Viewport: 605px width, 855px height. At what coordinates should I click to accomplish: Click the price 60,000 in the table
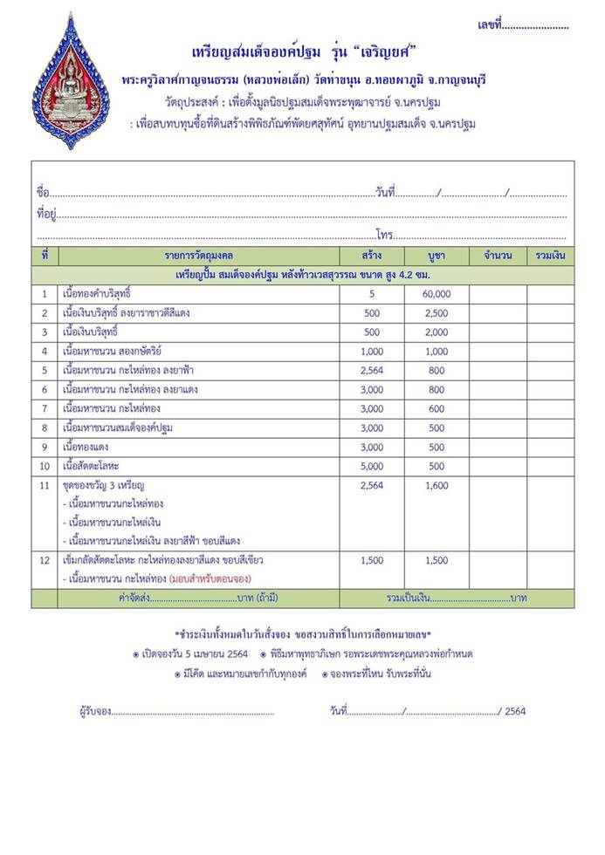click(437, 294)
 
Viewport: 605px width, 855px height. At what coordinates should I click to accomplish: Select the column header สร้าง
click(372, 256)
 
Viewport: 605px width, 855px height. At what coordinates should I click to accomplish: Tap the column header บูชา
click(437, 256)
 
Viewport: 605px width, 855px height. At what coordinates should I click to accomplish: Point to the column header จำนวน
click(497, 256)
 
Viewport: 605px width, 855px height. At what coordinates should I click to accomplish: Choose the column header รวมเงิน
click(550, 256)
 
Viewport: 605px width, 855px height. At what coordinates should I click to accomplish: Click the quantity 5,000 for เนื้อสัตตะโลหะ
click(372, 466)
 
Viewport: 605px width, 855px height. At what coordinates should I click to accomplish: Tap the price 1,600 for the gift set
click(437, 485)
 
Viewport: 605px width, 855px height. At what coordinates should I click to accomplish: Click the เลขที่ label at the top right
click(490, 25)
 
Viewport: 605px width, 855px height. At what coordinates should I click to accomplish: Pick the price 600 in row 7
click(437, 408)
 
